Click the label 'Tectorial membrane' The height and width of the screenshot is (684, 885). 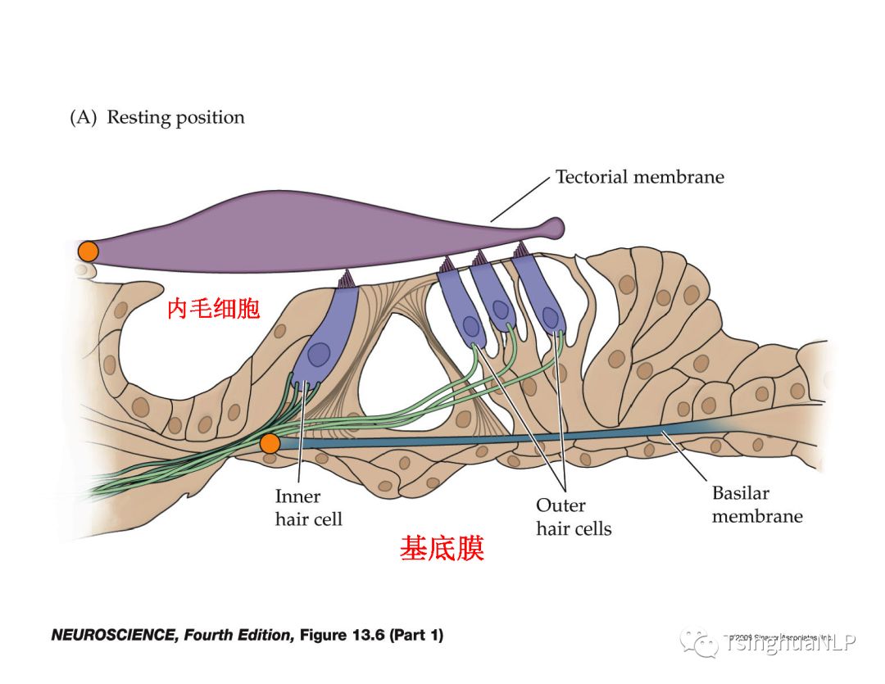[x=639, y=177]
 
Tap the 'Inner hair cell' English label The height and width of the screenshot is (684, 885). [x=308, y=507]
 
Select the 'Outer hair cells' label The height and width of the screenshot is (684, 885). [x=574, y=517]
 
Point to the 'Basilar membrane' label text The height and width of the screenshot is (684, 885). [x=756, y=505]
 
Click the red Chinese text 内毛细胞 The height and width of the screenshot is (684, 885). [x=213, y=309]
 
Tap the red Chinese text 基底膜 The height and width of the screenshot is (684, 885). [x=442, y=548]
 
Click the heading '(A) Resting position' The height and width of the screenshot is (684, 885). [x=157, y=117]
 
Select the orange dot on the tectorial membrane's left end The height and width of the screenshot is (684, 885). [x=88, y=251]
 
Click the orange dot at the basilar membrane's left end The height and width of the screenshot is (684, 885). [x=270, y=444]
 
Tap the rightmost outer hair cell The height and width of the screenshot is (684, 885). [x=541, y=295]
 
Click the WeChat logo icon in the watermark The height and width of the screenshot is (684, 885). [x=702, y=643]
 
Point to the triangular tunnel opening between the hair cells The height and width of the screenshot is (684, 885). [x=388, y=369]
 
